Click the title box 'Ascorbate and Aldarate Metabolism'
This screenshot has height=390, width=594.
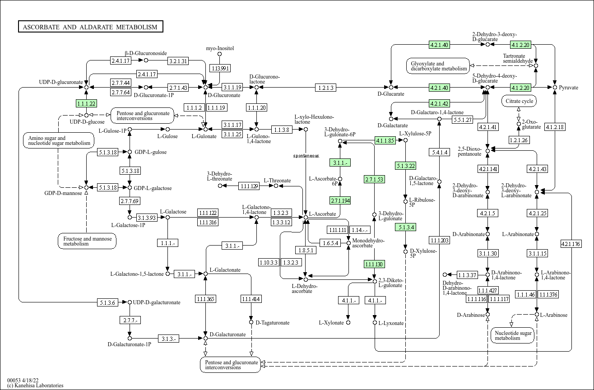pos(90,27)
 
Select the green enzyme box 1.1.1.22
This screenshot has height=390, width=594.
pos(86,103)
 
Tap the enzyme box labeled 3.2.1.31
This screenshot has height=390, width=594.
pos(178,60)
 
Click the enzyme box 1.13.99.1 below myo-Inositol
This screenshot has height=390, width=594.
pos(220,68)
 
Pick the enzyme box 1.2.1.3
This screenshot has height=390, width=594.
pos(325,88)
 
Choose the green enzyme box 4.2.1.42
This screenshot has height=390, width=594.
pos(439,103)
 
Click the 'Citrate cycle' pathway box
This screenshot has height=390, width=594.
pos(519,101)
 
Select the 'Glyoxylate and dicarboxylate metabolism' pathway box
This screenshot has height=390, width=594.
pos(437,66)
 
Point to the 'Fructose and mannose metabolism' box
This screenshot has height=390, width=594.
pos(87,241)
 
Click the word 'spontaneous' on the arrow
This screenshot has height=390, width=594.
pos(306,156)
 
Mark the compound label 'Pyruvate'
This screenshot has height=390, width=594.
pos(568,88)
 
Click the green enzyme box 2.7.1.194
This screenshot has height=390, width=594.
pos(340,200)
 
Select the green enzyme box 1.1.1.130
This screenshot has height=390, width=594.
pos(374,264)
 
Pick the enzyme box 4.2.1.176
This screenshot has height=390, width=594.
pos(571,244)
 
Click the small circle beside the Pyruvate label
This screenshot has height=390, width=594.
pos(555,87)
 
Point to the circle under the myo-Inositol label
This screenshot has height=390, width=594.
pos(220,54)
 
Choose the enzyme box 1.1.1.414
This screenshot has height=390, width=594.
pos(251,299)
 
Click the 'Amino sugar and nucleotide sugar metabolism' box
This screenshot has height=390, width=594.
pos(59,140)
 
